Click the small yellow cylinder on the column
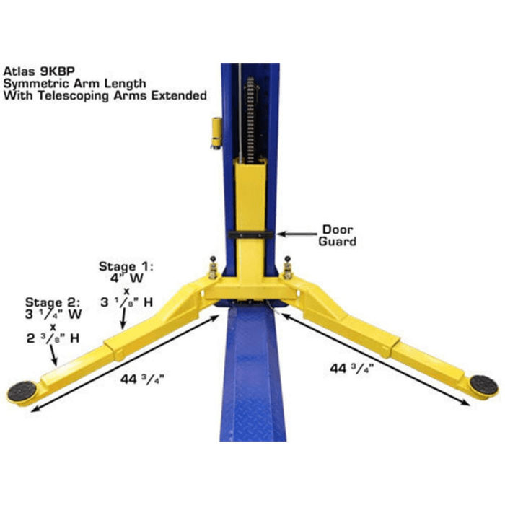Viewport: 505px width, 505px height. point(214,131)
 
